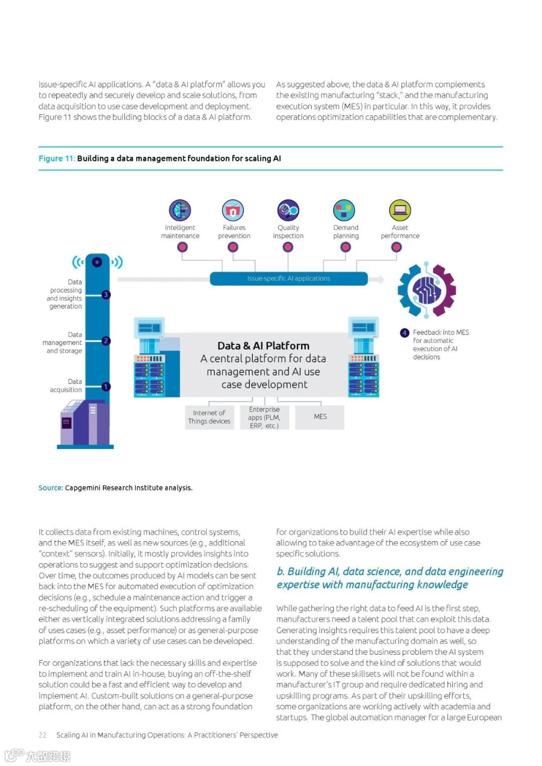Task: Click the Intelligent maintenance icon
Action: coord(180,210)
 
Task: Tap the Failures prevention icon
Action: coord(233,210)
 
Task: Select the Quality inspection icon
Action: coord(288,210)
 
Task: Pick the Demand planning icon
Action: coord(344,210)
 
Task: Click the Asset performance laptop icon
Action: coord(400,210)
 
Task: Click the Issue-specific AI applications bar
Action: coord(289,278)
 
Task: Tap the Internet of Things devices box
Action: coord(209,417)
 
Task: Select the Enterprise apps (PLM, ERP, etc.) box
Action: coord(264,417)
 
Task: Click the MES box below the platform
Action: coord(320,417)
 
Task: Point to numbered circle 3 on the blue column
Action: coord(106,294)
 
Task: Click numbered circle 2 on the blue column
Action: coord(106,341)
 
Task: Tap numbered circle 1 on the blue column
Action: coord(106,386)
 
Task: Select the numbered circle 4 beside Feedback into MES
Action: coord(404,333)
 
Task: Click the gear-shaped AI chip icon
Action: coord(427,289)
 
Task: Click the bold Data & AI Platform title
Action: coord(263,346)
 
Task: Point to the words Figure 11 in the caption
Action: coord(56,159)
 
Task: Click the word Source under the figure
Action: coord(50,488)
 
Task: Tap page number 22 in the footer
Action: coord(43,735)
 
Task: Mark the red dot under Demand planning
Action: coord(345,247)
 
